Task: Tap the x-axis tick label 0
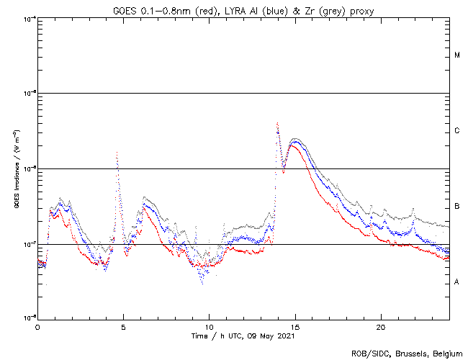click(37, 326)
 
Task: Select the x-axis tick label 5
click(123, 326)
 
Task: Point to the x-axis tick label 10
click(209, 326)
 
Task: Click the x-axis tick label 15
click(294, 326)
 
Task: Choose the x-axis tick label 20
click(380, 326)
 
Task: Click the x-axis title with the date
click(243, 336)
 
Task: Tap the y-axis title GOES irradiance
click(16, 169)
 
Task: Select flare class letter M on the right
click(457, 55)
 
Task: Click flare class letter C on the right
click(457, 131)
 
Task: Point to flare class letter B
click(457, 207)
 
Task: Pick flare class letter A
click(457, 282)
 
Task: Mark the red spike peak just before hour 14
click(277, 124)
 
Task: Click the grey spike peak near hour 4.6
click(117, 152)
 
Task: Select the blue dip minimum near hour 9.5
click(202, 283)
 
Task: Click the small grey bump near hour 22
click(413, 209)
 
